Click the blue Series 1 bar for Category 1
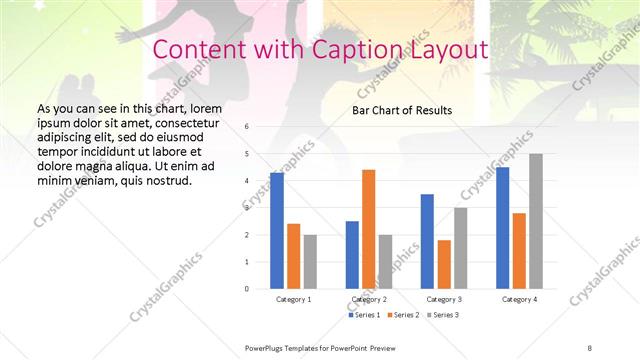277,231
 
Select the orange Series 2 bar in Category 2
369,229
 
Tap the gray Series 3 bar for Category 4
536,221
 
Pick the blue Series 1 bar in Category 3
428,241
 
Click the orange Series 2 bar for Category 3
444,264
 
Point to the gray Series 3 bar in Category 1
310,261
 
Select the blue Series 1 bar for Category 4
503,228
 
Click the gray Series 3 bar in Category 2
386,261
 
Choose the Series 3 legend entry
444,315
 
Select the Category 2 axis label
369,299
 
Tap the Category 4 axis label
519,299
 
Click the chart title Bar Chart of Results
402,110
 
